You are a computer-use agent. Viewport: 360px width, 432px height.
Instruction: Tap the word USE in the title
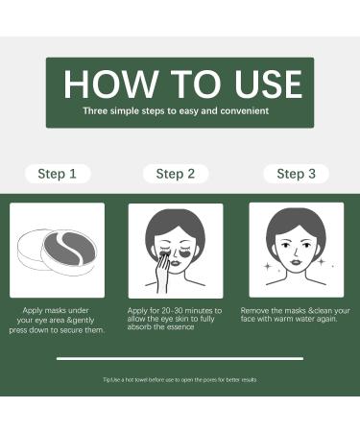pos(268,84)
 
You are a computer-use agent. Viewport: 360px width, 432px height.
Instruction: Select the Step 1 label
pos(58,174)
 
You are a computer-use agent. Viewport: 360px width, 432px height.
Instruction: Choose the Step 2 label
pos(176,174)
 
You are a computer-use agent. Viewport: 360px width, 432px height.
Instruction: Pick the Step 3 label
pos(296,174)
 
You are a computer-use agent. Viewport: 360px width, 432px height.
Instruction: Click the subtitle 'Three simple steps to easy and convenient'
pos(176,111)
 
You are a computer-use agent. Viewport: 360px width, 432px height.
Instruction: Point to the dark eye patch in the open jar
pos(69,249)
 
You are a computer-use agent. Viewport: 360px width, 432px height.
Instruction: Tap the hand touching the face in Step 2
pos(163,272)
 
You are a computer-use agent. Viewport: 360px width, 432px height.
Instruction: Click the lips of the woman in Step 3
pos(296,261)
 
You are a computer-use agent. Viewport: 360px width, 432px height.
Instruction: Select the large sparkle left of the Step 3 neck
pos(268,266)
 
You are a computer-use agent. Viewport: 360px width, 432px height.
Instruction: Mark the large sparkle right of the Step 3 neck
pos(322,262)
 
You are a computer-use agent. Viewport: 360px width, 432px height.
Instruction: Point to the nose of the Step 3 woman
pos(296,252)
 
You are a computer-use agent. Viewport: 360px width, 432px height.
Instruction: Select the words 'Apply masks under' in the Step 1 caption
pos(56,310)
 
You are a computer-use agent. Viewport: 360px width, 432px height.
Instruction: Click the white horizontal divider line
pos(180,359)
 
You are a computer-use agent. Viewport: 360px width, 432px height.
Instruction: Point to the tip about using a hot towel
pos(180,380)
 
